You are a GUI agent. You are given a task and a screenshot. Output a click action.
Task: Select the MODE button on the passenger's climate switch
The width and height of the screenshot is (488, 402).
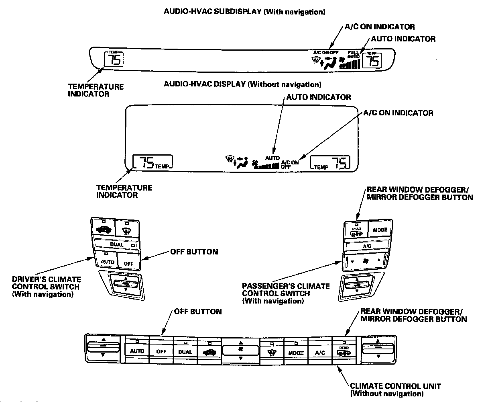[380, 230]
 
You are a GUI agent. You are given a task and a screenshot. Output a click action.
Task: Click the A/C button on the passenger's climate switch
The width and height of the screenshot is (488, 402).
[367, 246]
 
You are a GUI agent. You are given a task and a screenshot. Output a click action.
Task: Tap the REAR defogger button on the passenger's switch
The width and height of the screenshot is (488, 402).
[356, 230]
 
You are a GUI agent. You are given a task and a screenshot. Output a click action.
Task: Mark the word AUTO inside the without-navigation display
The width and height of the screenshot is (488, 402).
[272, 158]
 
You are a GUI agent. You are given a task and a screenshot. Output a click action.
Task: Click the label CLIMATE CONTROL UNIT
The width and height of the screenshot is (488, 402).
[395, 386]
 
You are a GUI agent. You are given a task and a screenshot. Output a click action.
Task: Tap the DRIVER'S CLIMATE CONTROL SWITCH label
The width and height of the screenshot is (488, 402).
[46, 287]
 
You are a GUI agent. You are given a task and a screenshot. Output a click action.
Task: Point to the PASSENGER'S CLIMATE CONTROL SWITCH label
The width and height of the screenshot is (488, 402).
[286, 293]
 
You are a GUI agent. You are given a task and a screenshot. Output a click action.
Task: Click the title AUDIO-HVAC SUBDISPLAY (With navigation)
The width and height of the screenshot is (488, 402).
[244, 12]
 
